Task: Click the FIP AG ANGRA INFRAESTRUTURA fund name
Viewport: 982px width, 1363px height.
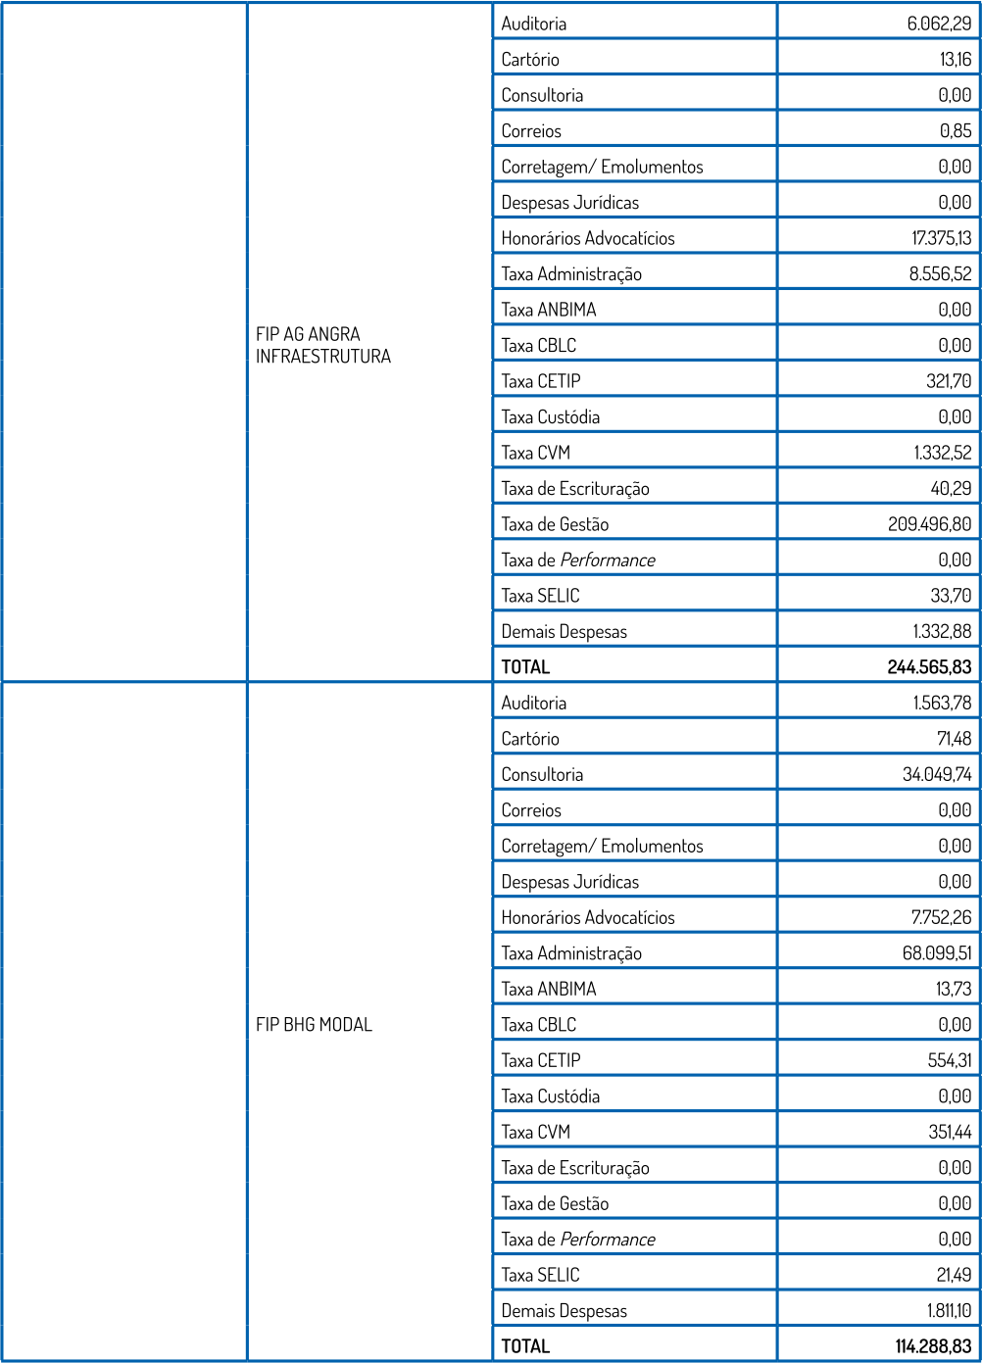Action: (x=323, y=345)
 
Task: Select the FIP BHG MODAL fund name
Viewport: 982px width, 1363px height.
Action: (x=314, y=1025)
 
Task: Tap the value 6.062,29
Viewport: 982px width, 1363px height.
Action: (x=939, y=24)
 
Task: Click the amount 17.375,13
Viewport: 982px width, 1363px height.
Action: (x=941, y=238)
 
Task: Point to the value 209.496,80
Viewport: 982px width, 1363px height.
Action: (x=929, y=524)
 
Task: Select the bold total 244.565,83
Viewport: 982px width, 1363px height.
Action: (x=929, y=667)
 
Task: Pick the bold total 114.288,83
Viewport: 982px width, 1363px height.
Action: (x=933, y=1346)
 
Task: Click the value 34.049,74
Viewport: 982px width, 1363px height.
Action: (x=937, y=774)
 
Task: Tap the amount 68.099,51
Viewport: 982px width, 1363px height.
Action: (x=937, y=953)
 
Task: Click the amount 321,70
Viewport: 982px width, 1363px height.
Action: (x=949, y=381)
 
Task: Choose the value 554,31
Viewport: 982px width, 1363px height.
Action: (x=950, y=1060)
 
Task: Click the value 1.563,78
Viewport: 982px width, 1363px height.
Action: (x=942, y=703)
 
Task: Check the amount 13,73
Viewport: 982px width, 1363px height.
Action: (x=954, y=989)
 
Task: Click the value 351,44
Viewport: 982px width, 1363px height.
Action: (x=950, y=1132)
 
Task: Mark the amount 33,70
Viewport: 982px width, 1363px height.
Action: (x=953, y=596)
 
